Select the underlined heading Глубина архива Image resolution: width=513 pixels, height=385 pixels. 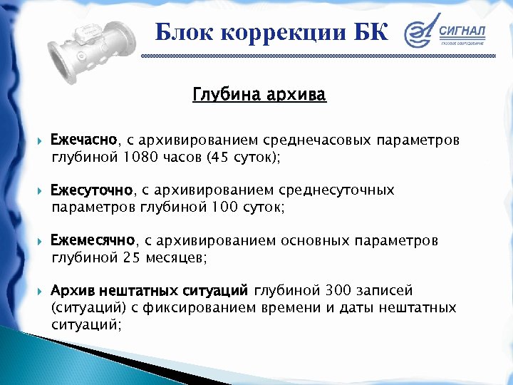(259, 95)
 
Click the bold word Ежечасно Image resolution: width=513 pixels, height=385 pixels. (84, 138)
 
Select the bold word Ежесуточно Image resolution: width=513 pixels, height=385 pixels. (92, 190)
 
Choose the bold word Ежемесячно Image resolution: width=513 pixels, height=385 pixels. (93, 240)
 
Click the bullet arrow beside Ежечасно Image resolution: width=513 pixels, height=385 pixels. (40, 139)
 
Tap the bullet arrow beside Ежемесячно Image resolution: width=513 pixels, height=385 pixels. (40, 241)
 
